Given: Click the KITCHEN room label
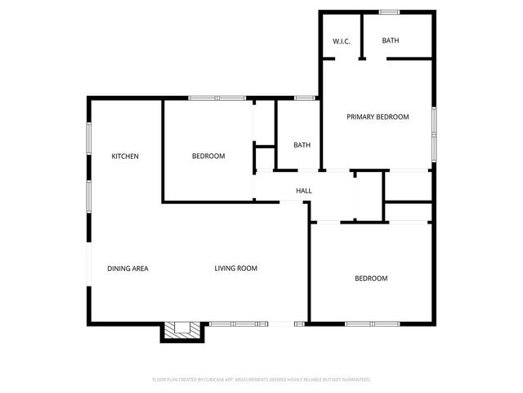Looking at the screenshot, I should [125, 156].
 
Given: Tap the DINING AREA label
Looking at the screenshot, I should [127, 269].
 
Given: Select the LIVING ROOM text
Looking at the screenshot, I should [236, 269].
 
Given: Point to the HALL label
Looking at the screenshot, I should [304, 191].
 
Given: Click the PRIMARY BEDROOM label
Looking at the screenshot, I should [377, 117].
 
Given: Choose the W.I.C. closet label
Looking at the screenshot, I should [342, 41].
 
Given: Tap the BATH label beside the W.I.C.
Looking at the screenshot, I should [391, 40].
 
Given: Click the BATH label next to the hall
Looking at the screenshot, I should [302, 146].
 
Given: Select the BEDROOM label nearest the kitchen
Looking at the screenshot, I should [208, 156].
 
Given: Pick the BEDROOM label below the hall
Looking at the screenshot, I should [371, 278].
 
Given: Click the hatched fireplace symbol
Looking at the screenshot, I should [179, 330].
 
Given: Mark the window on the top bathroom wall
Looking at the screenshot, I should [389, 11].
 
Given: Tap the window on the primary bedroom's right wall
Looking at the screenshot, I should [434, 131].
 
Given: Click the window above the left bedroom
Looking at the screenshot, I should [217, 99].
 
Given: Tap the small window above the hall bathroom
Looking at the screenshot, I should [305, 99].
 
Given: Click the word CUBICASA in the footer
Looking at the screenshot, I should [221, 380].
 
